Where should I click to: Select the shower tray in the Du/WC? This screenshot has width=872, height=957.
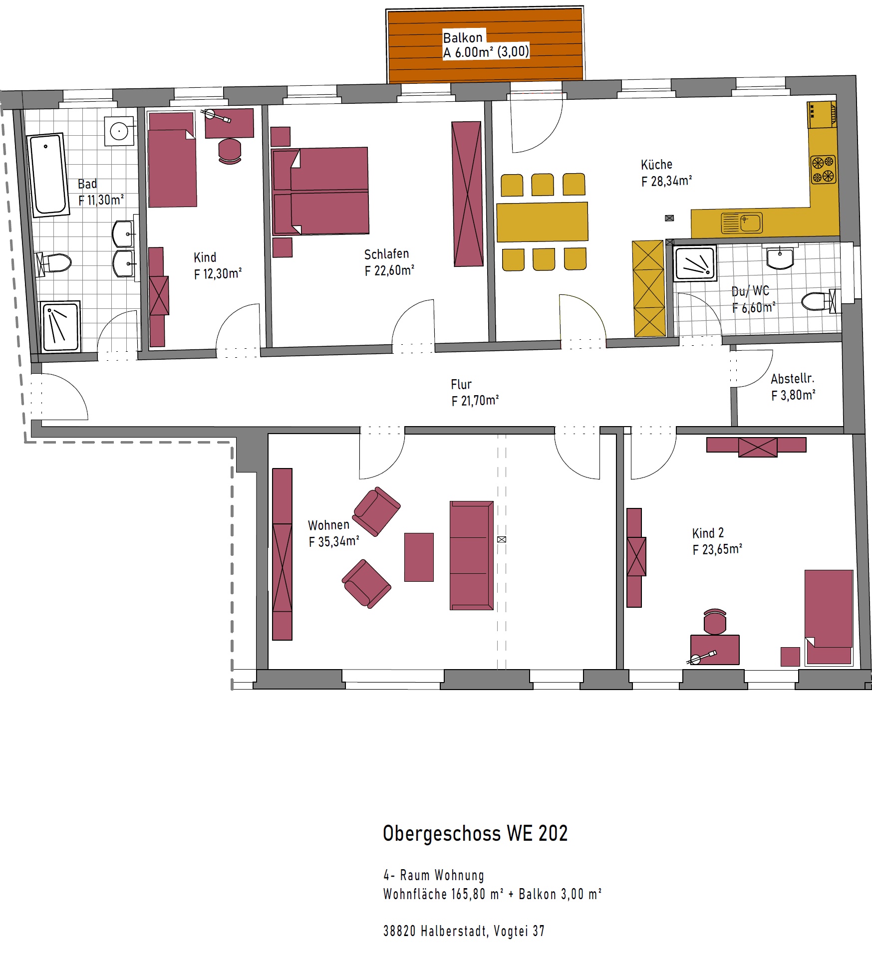click(694, 262)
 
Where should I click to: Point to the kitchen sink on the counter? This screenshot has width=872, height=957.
click(742, 223)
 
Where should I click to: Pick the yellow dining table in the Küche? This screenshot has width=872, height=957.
click(542, 222)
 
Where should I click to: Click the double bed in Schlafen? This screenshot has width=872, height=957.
click(320, 191)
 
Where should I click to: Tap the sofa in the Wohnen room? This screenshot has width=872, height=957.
click(472, 555)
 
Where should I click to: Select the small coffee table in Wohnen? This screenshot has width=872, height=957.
click(419, 557)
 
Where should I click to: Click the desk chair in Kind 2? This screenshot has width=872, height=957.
click(715, 621)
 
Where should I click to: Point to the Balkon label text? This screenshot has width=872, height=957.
click(463, 37)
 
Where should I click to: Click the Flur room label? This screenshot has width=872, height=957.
click(461, 384)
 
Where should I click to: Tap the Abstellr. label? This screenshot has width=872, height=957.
click(793, 379)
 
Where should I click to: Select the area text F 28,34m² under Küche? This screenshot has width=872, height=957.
click(666, 181)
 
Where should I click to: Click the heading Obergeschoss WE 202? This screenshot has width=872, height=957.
click(475, 833)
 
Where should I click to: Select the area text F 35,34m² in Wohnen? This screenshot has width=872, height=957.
click(334, 541)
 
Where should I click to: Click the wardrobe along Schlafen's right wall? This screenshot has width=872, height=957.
click(467, 194)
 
